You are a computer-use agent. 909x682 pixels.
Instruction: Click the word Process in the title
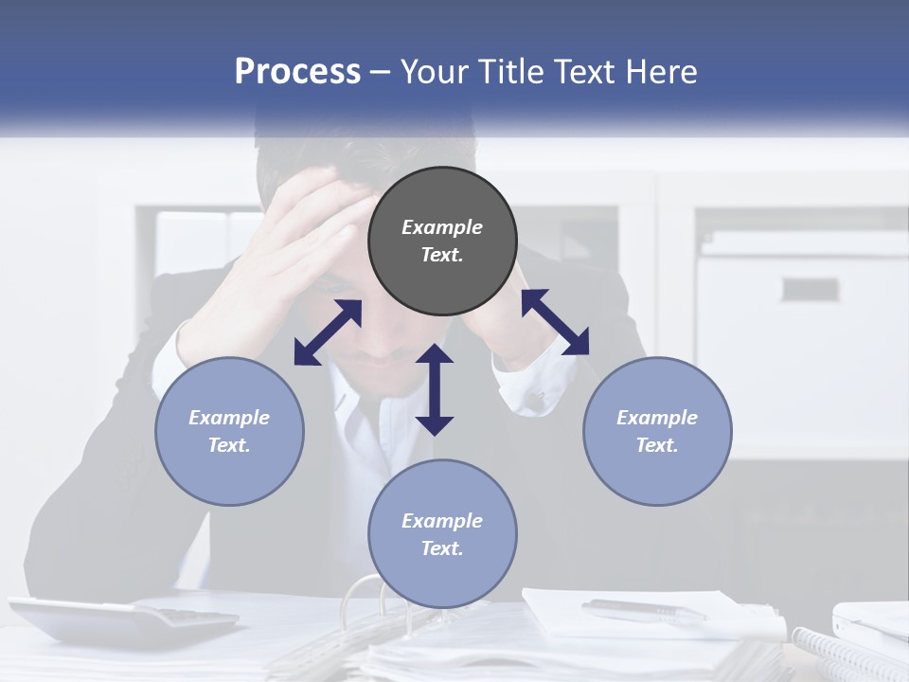(x=297, y=72)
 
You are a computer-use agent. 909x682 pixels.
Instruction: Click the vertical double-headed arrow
(x=435, y=389)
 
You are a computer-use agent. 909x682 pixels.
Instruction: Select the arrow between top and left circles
(x=328, y=332)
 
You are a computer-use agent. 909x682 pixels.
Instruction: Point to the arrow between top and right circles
(x=555, y=322)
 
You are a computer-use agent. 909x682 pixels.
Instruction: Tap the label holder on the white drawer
(x=809, y=289)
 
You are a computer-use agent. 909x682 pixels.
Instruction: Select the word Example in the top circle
(x=442, y=227)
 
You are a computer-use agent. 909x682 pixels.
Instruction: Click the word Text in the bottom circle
(x=442, y=548)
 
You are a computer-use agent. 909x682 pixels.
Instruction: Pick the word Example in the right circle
(x=657, y=418)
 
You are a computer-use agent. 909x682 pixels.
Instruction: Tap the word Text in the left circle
(x=229, y=445)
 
